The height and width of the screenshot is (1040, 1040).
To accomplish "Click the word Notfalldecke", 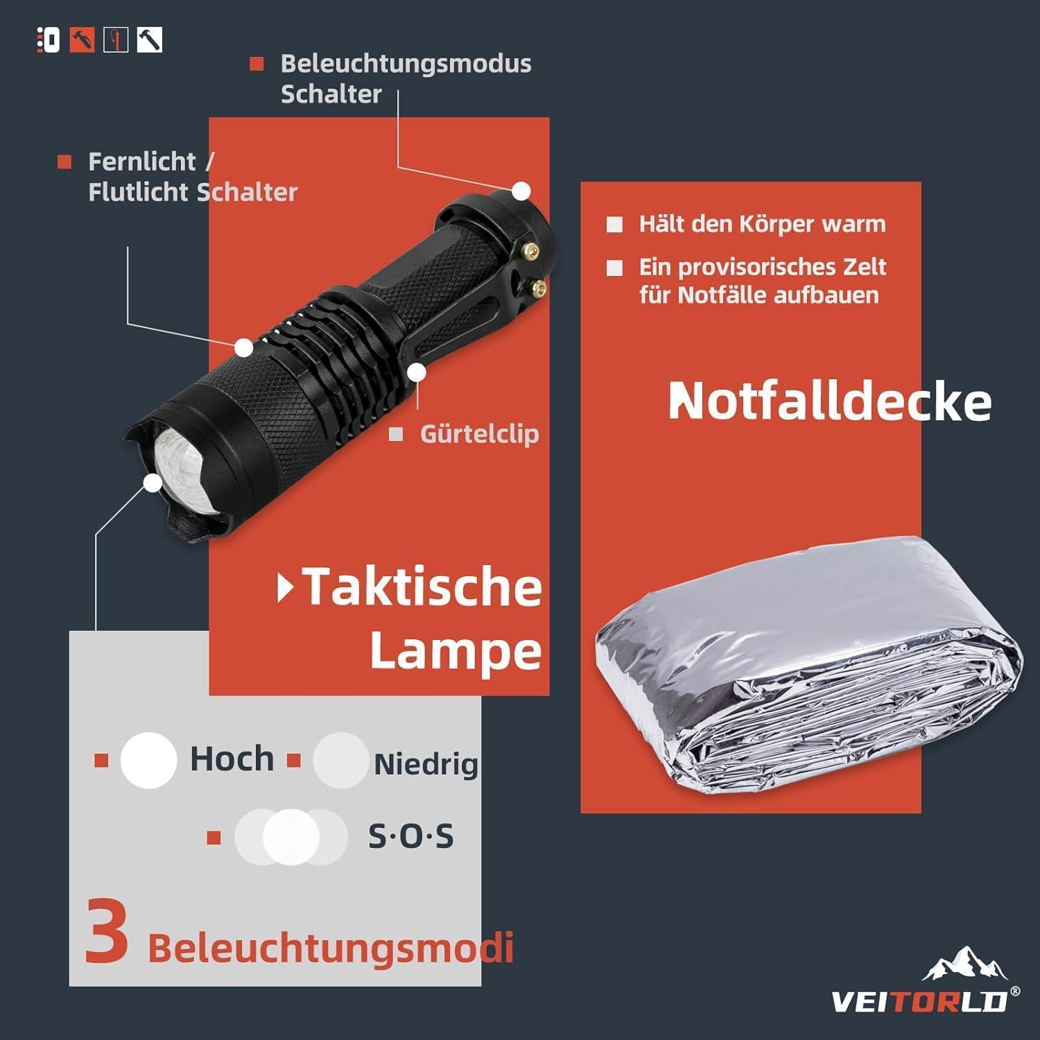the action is point(830,401).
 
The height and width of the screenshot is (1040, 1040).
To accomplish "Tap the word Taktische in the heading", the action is point(422,587).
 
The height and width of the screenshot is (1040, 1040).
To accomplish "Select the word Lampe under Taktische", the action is point(456,652).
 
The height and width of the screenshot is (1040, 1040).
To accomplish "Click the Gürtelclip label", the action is point(479,434).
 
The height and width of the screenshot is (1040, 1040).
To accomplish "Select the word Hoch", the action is point(232,759).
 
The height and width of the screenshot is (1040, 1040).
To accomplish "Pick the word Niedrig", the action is point(426,764).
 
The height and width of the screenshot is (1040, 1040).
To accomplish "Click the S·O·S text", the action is point(410,836).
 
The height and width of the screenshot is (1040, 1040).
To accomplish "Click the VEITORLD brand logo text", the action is point(919,1000).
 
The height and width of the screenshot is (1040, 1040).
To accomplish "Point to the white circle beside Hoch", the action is point(148,760).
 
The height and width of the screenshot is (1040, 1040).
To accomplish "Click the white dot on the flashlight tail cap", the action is point(521,191).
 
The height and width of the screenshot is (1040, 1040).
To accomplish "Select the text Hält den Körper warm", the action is point(762,224).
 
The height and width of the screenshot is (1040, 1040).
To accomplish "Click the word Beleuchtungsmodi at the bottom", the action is point(330,948).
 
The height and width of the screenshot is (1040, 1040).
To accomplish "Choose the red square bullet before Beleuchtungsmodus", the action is point(257,64).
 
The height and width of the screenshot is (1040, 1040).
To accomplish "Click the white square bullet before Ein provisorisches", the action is point(614,268).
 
